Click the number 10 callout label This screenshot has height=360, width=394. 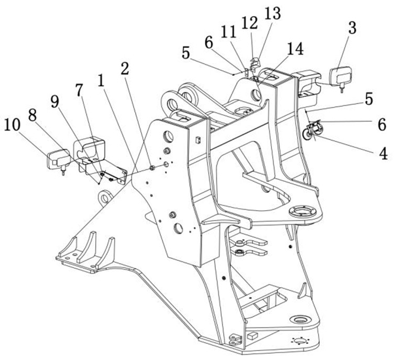(14, 125)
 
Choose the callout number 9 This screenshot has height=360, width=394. (55, 101)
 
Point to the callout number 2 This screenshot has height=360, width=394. (124, 68)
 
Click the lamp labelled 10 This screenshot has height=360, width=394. (58, 159)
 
